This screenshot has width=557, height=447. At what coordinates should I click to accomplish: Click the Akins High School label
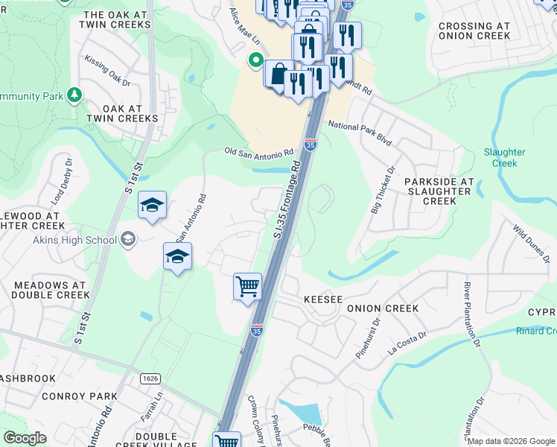74,240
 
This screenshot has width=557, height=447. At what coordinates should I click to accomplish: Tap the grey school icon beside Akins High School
127,239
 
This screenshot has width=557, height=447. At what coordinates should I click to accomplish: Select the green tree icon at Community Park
74,95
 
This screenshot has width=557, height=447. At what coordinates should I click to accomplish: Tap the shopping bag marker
278,74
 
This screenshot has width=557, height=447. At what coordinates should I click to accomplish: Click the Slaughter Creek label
505,157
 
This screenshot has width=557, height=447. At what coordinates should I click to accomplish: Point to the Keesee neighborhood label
323,299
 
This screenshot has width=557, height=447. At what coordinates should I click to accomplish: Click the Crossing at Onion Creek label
474,31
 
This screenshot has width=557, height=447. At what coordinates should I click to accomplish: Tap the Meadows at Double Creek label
48,290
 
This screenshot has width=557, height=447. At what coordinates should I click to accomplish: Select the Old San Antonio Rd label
259,152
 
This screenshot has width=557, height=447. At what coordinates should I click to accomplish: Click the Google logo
25,438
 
